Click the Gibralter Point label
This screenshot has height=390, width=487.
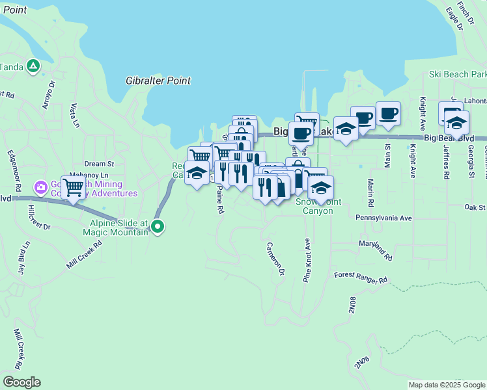[x=158, y=81]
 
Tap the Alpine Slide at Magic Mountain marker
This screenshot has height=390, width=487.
[x=158, y=227]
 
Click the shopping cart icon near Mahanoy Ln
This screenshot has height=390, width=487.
[x=74, y=187]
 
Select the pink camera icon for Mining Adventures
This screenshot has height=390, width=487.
[x=41, y=187]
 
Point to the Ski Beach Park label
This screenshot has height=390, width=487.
[x=458, y=75]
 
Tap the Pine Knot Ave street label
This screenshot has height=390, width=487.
[x=307, y=259]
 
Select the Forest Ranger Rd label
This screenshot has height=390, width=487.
[x=361, y=277]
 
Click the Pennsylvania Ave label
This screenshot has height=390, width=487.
[x=383, y=218]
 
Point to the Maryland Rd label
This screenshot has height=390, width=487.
[x=375, y=250]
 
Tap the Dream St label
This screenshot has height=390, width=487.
[x=99, y=164]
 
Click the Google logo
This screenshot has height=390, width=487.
[x=21, y=382]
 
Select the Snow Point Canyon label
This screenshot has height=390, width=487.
[x=318, y=206]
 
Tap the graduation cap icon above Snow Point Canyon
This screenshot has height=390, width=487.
[x=321, y=187]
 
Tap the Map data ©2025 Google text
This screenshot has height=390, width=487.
[x=447, y=385]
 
